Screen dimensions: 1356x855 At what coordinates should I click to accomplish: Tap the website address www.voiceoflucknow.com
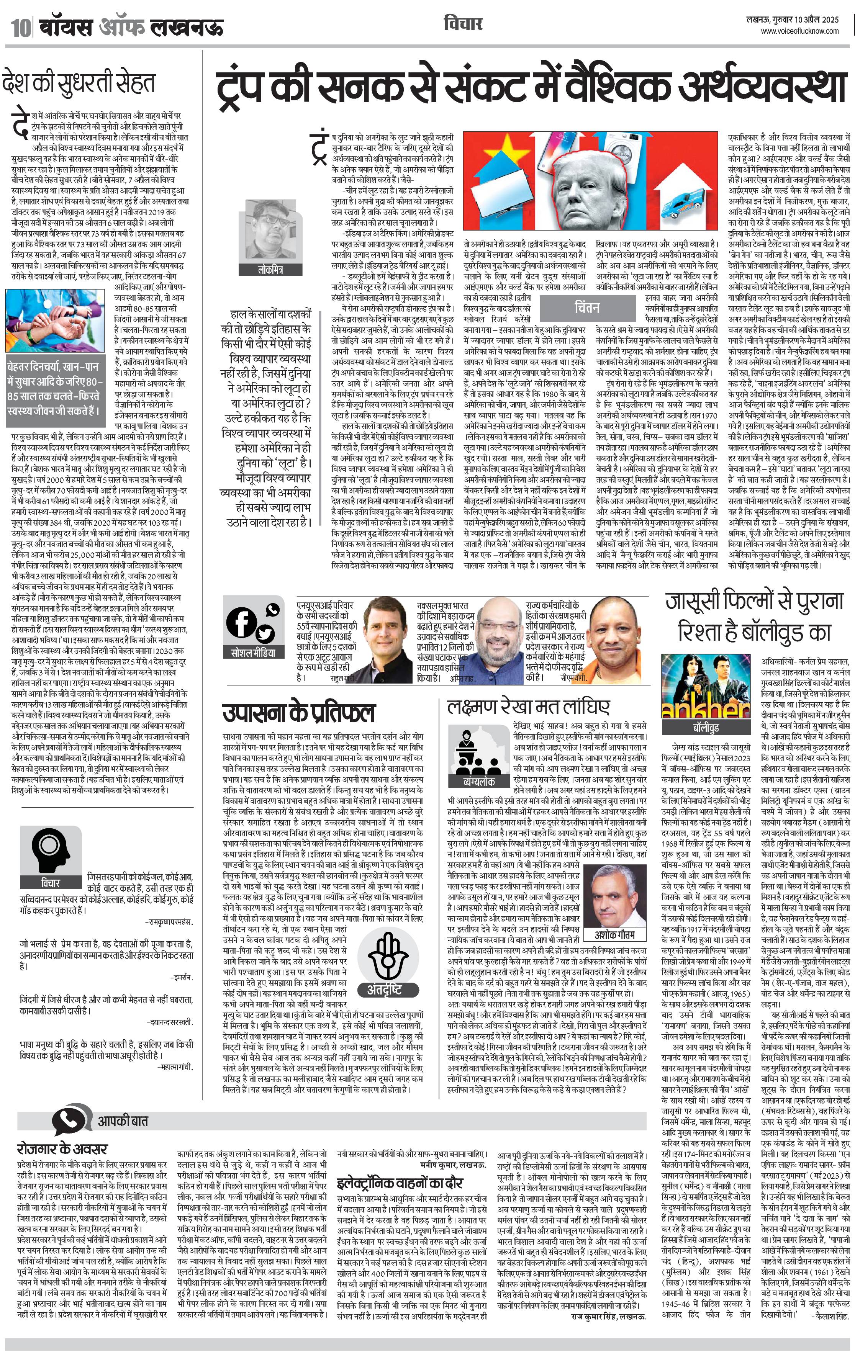[x=800, y=31]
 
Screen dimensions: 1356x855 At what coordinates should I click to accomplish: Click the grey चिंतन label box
[x=586, y=308]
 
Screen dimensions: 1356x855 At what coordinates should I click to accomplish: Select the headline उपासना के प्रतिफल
[x=298, y=713]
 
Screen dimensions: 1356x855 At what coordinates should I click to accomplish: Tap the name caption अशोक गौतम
[x=614, y=935]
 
